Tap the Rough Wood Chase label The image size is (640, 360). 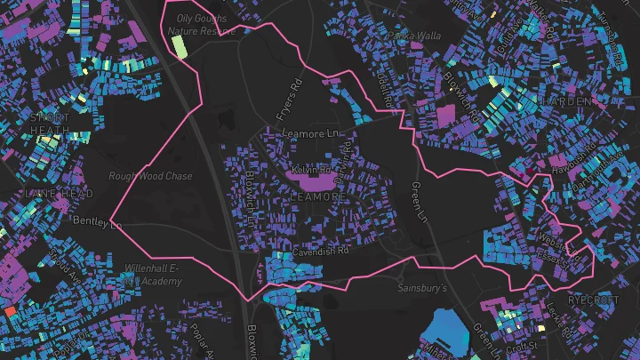(x=150, y=176)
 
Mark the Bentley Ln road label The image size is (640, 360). (x=96, y=220)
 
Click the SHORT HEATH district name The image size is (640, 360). (x=49, y=124)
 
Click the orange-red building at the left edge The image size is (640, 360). (x=9, y=312)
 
